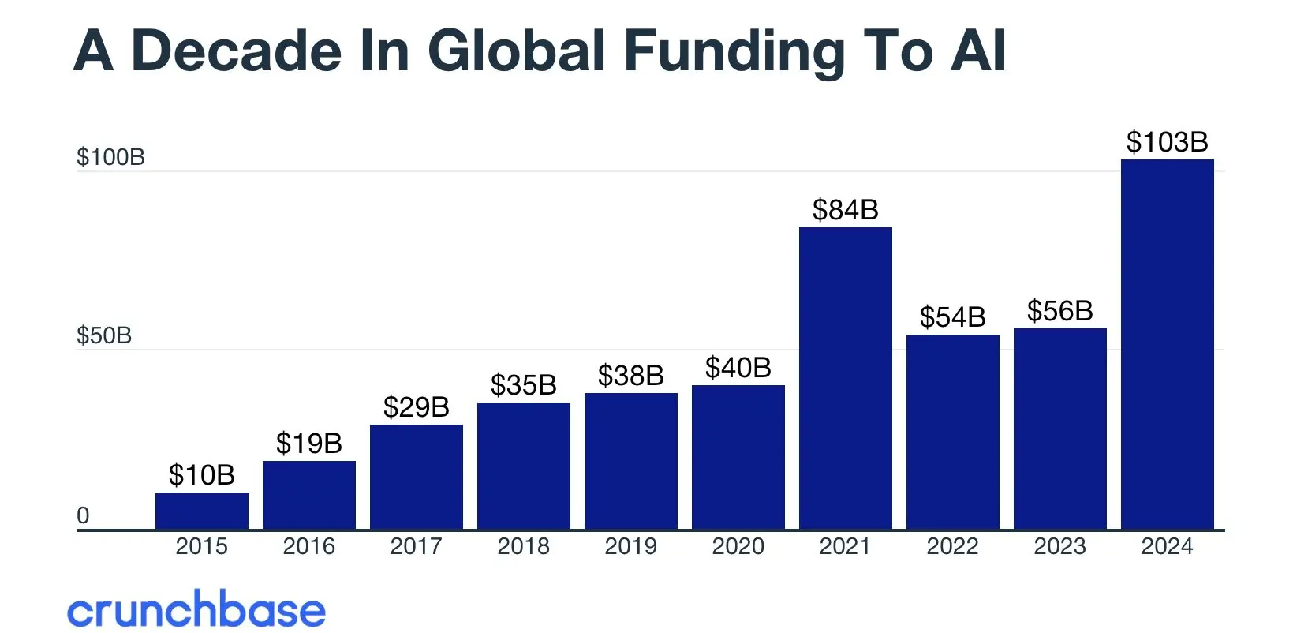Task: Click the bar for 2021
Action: pyautogui.click(x=845, y=379)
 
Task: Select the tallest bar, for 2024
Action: pyautogui.click(x=1167, y=344)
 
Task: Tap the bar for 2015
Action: pyautogui.click(x=202, y=511)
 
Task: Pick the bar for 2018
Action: pyautogui.click(x=523, y=466)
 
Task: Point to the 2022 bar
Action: pyautogui.click(x=952, y=432)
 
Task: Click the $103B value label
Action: pyautogui.click(x=1167, y=142)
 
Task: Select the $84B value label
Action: pyautogui.click(x=845, y=210)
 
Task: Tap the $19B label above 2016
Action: pyautogui.click(x=308, y=444)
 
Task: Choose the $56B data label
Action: pyautogui.click(x=1059, y=311)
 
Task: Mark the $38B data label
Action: pyautogui.click(x=630, y=376)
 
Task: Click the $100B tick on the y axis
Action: pyautogui.click(x=110, y=157)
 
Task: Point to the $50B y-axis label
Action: pyautogui.click(x=103, y=335)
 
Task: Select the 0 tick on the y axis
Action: pyautogui.click(x=83, y=515)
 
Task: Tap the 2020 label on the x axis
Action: pyautogui.click(x=738, y=546)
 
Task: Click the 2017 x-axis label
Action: pyautogui.click(x=416, y=546)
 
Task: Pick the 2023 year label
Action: pyautogui.click(x=1059, y=546)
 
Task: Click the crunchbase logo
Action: pyautogui.click(x=196, y=610)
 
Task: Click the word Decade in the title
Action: pyautogui.click(x=237, y=51)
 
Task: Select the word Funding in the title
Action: pyautogui.click(x=734, y=51)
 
